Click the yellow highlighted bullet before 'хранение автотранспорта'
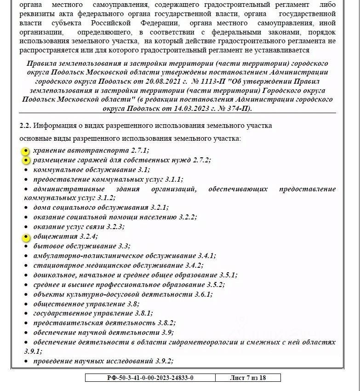(26, 150)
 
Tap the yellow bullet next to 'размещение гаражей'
(26, 160)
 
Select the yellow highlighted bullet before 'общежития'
(26, 237)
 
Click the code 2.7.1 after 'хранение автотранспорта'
(140, 150)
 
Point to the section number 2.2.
(25, 126)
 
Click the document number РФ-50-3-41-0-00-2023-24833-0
(150, 378)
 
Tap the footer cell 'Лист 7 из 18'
(248, 378)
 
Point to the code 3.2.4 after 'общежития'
(88, 236)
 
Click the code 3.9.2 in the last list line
(163, 361)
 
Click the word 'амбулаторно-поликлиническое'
(81, 256)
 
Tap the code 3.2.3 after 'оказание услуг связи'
(114, 227)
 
